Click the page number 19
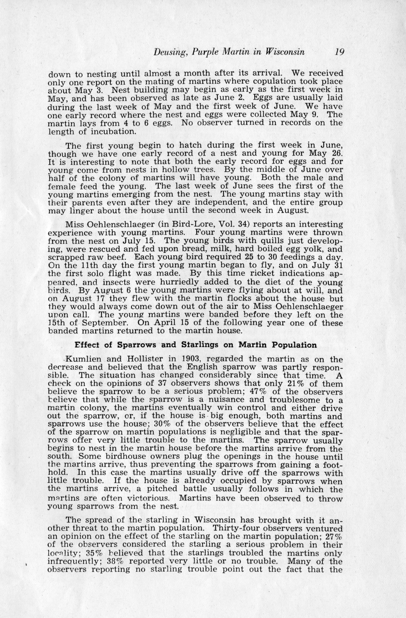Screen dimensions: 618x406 (339, 52)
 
